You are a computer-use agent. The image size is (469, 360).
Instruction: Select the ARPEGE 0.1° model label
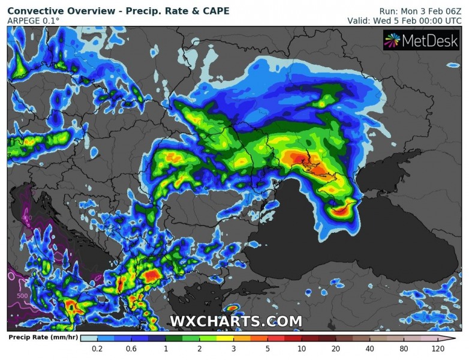pyautogui.click(x=34, y=21)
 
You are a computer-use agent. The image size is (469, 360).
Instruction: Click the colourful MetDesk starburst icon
pyautogui.click(x=392, y=40)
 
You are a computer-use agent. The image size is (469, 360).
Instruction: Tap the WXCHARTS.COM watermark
pyautogui.click(x=236, y=321)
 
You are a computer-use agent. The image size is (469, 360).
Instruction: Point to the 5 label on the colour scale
pyautogui.click(x=267, y=349)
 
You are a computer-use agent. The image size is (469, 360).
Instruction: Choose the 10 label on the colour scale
pyautogui.click(x=302, y=349)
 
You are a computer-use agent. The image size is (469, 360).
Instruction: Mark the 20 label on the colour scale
pyautogui.click(x=336, y=349)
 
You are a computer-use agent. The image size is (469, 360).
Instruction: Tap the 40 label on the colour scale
pyautogui.click(x=370, y=349)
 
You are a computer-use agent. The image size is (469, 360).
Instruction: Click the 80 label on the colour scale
pyautogui.click(x=404, y=349)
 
